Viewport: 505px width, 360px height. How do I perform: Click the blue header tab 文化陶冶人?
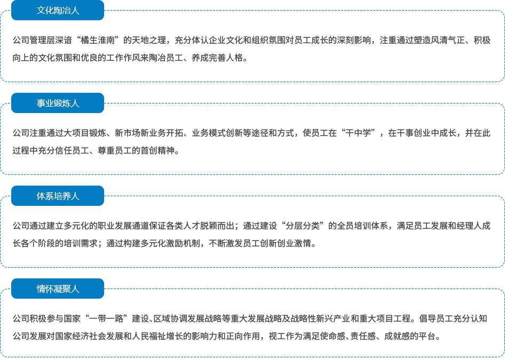58,10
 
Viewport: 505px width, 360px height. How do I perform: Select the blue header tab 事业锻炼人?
58,103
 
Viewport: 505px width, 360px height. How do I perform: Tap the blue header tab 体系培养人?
58,196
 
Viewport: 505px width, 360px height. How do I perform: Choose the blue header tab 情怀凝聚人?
58,289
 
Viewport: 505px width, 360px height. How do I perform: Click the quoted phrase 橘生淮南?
102,40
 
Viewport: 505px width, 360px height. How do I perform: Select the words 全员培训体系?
362,226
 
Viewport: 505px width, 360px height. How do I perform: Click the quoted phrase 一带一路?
107,318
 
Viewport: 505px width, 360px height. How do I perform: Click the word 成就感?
397,336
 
